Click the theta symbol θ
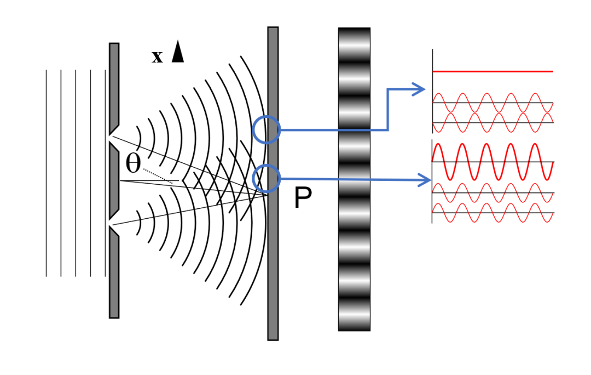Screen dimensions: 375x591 [x=133, y=163]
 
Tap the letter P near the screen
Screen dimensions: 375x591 [x=303, y=199]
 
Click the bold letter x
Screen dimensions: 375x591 [x=157, y=57]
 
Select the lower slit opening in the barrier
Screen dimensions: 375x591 [x=114, y=225]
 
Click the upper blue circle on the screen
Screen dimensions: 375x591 [x=266, y=130]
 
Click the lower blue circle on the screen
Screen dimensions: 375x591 [x=266, y=178]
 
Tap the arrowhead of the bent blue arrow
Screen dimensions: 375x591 [x=419, y=89]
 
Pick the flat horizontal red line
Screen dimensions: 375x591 [x=493, y=71]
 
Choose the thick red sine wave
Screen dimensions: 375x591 [x=493, y=162]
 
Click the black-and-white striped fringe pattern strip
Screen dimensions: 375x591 [x=354, y=179]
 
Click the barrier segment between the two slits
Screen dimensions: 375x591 [x=114, y=181]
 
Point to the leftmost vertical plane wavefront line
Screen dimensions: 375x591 [x=47, y=173]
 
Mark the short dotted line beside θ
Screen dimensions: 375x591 [x=158, y=177]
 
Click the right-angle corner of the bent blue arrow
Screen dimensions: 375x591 [x=388, y=130]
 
